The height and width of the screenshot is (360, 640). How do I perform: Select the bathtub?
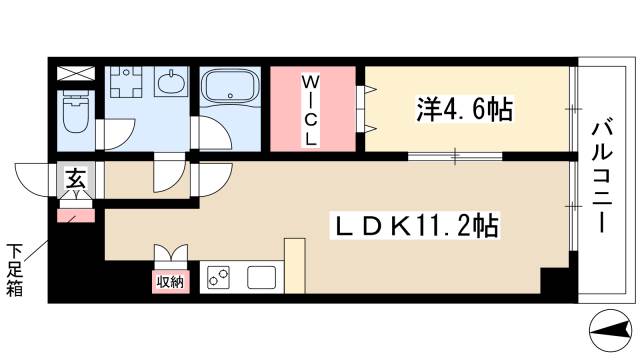pyautogui.click(x=230, y=91)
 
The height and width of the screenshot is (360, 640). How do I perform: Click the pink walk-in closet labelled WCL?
pyautogui.click(x=312, y=107)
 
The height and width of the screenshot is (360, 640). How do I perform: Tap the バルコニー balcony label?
pyautogui.click(x=604, y=177)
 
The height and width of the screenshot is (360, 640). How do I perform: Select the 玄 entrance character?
pyautogui.click(x=74, y=180)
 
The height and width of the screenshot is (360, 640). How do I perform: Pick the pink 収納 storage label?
pyautogui.click(x=170, y=281)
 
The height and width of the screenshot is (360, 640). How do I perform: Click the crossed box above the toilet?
pyautogui.click(x=75, y=74)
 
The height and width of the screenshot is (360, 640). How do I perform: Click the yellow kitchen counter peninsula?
pyautogui.click(x=294, y=264)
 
